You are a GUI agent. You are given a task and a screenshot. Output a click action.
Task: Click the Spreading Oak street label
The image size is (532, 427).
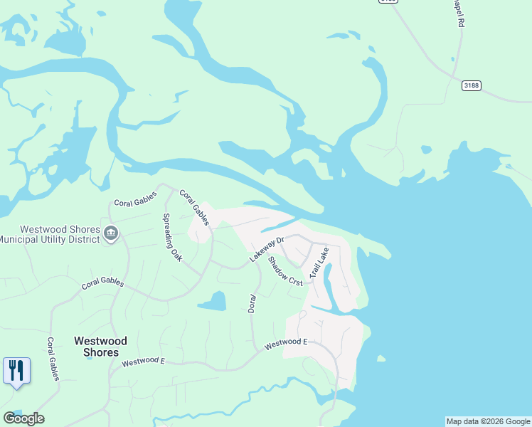pyautogui.click(x=173, y=237)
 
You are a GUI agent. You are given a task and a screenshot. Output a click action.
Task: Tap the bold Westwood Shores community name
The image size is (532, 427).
pyautogui.click(x=100, y=347)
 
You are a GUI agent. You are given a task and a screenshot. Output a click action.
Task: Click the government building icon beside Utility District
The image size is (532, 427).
pyautogui.click(x=110, y=233)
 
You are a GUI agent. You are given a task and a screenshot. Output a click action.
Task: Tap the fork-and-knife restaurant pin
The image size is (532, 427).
pyautogui.click(x=16, y=371)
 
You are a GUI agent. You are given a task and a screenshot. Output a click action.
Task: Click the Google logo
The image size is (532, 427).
pyautogui.click(x=23, y=418)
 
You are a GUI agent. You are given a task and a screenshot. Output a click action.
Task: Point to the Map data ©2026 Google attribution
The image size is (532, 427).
pyautogui.click(x=488, y=421)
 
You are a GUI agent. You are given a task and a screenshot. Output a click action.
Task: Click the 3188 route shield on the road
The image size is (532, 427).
pyautogui.click(x=471, y=85)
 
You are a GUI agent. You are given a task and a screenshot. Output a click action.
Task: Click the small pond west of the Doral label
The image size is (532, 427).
pyautogui.click(x=213, y=302)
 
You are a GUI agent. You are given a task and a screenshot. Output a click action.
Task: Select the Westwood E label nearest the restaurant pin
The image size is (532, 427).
pyautogui.click(x=143, y=362)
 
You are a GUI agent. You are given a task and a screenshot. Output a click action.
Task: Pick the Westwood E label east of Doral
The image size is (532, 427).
pyautogui.click(x=285, y=343)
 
